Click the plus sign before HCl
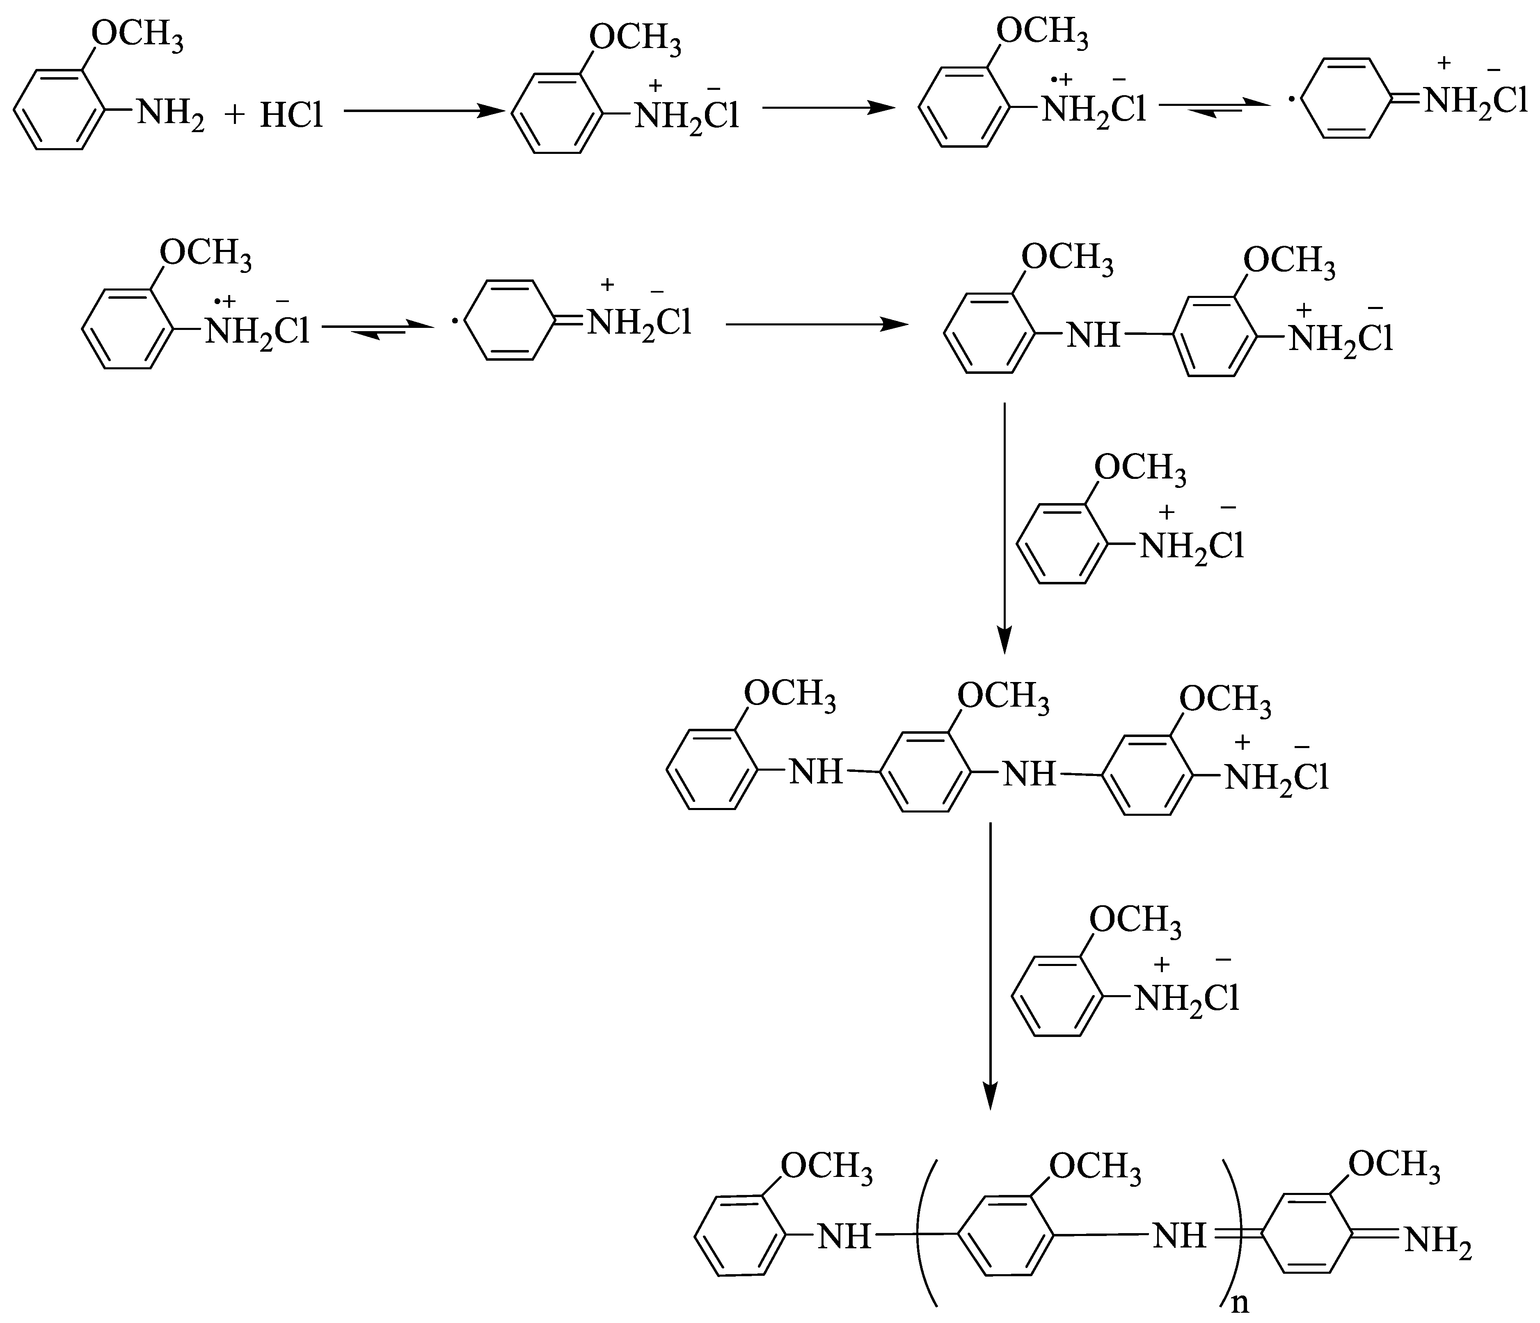pos(235,115)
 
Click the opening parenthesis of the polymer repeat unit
pos(925,1230)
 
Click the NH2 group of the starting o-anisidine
pos(169,115)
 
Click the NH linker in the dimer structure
pos(1093,336)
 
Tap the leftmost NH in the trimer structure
pos(815,773)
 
